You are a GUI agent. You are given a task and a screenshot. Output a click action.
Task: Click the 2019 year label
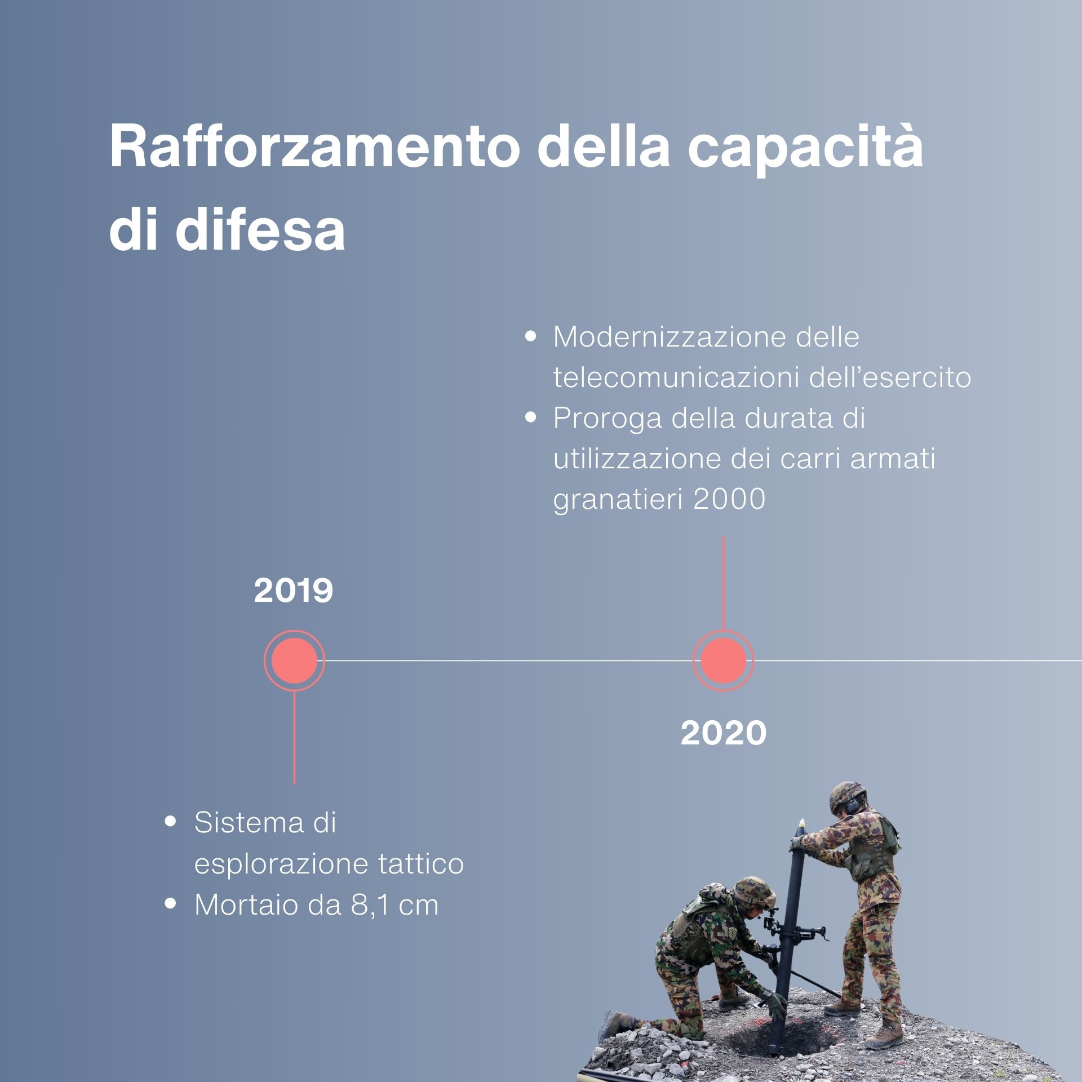click(x=294, y=591)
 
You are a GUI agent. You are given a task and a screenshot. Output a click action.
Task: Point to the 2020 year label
click(x=724, y=733)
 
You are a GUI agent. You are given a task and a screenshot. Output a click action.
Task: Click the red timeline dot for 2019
click(x=294, y=660)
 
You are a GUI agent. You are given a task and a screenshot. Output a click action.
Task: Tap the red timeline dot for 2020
click(x=723, y=660)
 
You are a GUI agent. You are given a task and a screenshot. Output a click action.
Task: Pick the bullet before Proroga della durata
click(x=530, y=419)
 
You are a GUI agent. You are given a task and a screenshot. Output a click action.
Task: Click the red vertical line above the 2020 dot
click(x=723, y=583)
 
